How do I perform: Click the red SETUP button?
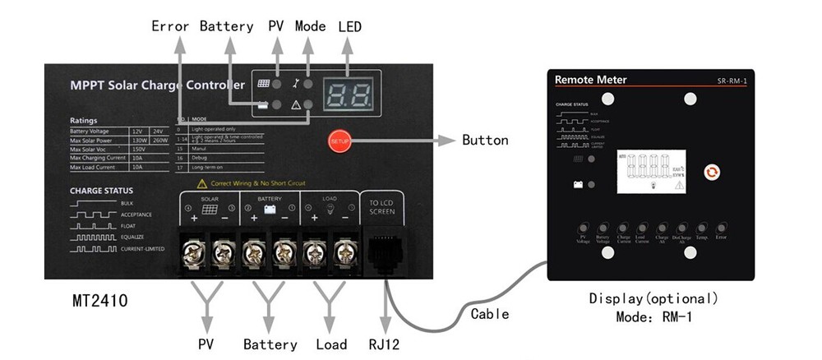point(339,141)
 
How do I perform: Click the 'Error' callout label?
point(170,26)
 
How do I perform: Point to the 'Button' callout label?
point(485,140)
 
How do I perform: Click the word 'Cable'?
point(490,313)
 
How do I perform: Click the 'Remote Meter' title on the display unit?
point(590,80)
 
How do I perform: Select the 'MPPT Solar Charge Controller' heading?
point(158,85)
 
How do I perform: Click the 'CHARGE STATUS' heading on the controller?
point(101,191)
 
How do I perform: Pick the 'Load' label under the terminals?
point(331,344)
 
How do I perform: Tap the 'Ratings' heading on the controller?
point(84,120)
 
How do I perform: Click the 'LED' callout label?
point(349,26)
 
